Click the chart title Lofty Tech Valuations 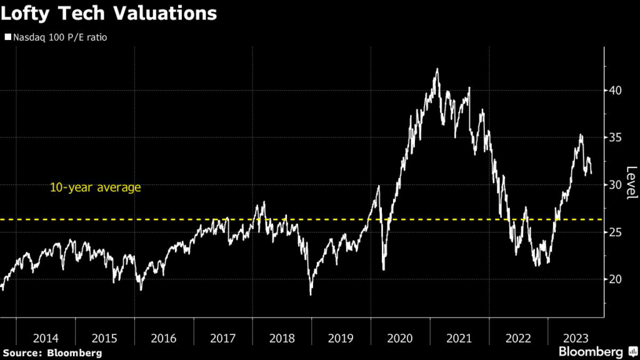(x=109, y=14)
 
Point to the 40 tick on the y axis (x=616, y=90)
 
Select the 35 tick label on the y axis (x=616, y=137)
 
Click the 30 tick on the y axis (x=616, y=184)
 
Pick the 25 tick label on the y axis (x=616, y=232)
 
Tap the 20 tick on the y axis (x=616, y=279)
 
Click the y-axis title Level (x=631, y=183)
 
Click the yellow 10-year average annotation (x=96, y=187)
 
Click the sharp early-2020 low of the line (x=384, y=269)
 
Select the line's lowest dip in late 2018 (x=311, y=294)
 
